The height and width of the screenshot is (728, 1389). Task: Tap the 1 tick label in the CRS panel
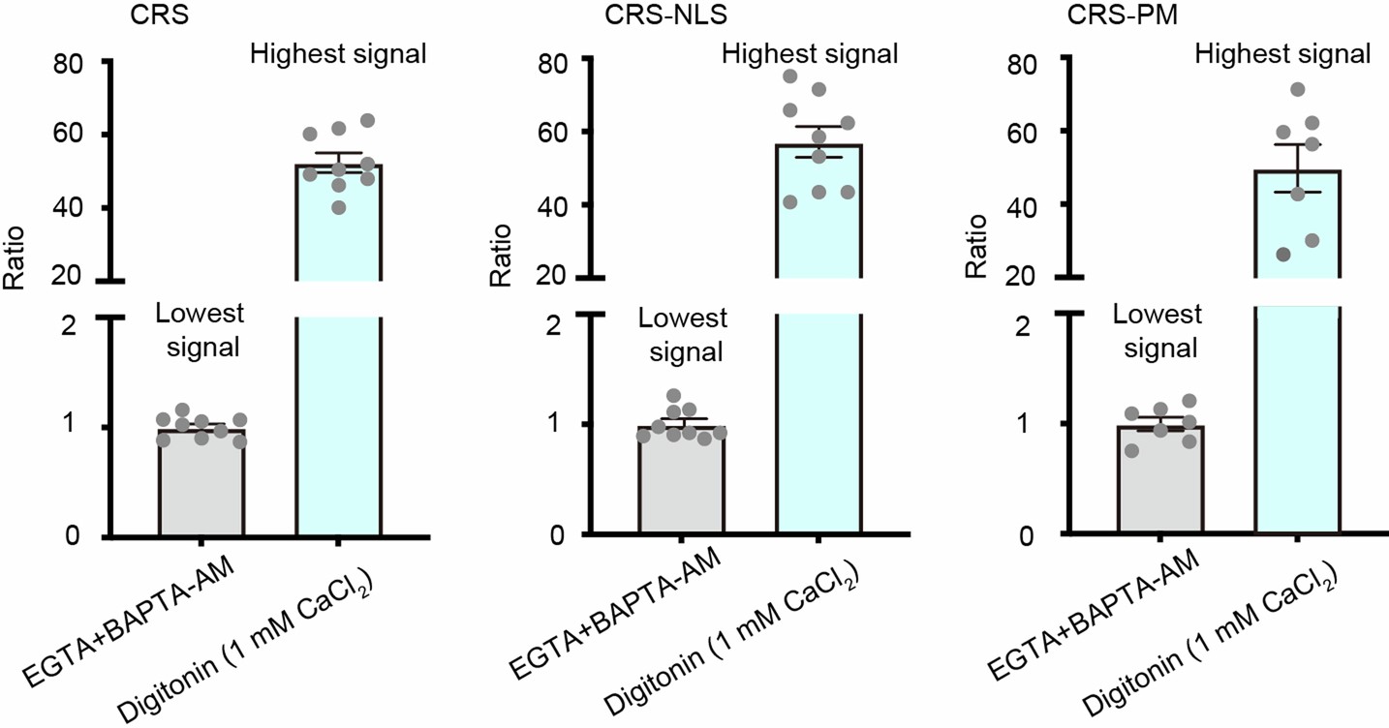coord(81,428)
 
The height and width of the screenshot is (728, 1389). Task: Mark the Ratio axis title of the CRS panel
coord(16,259)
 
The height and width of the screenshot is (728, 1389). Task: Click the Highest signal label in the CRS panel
coord(338,53)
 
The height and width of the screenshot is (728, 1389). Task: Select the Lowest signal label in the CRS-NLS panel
coord(680,334)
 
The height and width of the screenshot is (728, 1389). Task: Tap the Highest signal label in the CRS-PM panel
coord(1282,53)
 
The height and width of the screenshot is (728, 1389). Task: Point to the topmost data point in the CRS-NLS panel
coord(790,76)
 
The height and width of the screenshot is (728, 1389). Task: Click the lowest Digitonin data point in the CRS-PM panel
coord(1256,254)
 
